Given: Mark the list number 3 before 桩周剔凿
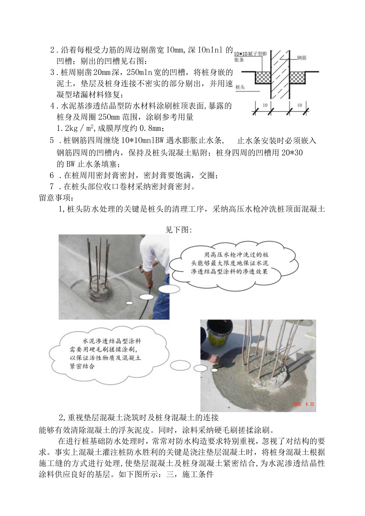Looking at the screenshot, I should (x=52, y=72).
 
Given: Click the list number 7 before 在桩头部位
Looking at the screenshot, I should (x=52, y=186).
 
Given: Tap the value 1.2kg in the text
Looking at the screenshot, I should (x=68, y=128).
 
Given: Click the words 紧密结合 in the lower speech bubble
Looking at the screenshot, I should (x=83, y=366).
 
